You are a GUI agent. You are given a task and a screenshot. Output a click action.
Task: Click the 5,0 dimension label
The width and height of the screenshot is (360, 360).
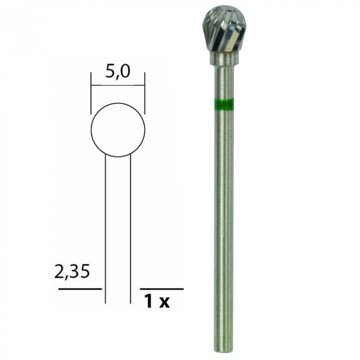(x=117, y=71)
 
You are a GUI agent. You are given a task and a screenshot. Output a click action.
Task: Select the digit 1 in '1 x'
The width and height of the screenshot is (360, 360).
(x=148, y=301)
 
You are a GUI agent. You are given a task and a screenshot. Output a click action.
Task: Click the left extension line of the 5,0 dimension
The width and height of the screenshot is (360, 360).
(x=91, y=93)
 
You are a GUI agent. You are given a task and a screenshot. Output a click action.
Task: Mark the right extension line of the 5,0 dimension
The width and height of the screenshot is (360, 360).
(x=145, y=93)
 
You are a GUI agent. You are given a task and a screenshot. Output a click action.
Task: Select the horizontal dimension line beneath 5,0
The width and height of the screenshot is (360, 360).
(x=118, y=83)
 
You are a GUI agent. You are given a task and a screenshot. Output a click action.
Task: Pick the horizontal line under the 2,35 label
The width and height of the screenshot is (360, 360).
(x=80, y=289)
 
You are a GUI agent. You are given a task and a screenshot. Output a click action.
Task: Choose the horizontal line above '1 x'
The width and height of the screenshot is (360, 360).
(x=161, y=289)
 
